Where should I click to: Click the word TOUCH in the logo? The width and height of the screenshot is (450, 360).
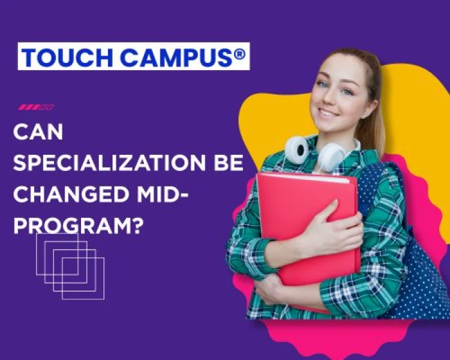click(x=59, y=57)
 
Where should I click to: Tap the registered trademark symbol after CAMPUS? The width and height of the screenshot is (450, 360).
click(x=239, y=54)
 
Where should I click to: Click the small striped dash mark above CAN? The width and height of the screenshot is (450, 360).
click(x=36, y=107)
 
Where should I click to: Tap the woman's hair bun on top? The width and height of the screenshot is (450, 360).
click(x=360, y=55)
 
